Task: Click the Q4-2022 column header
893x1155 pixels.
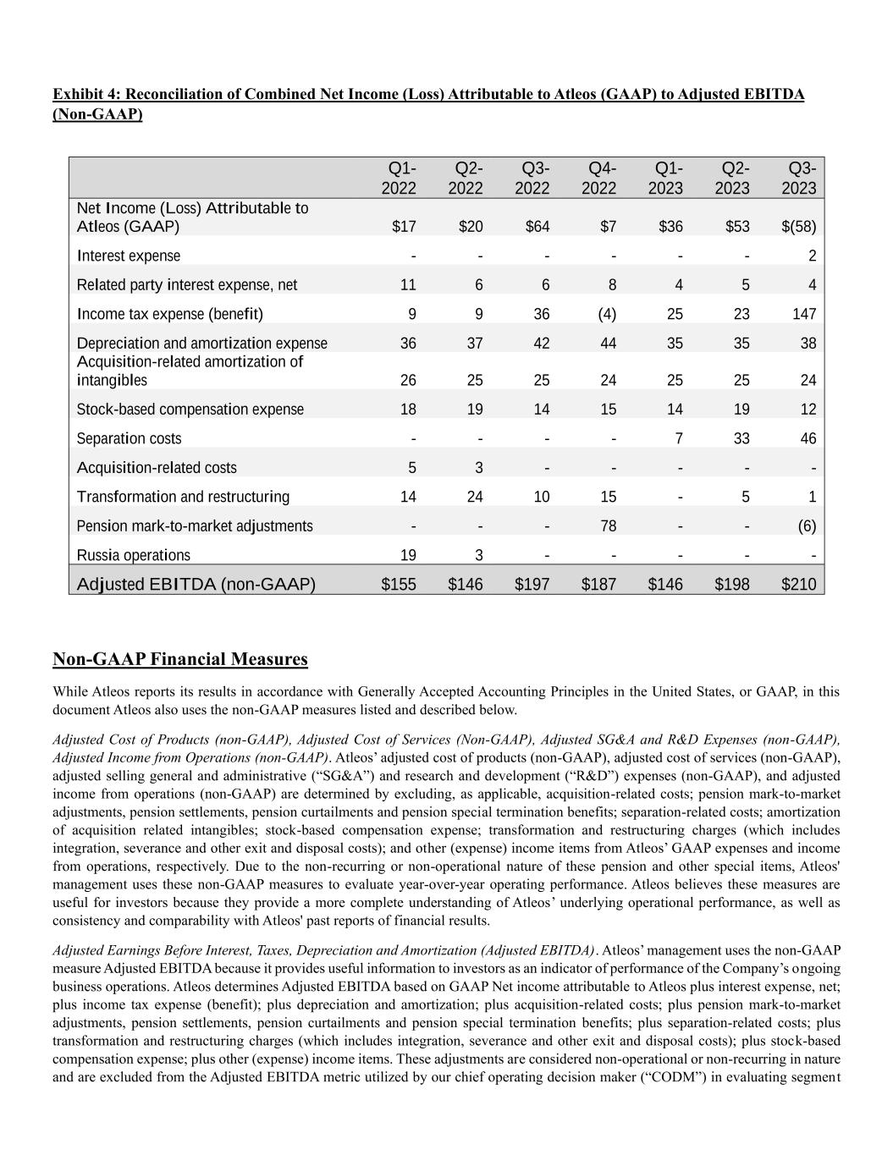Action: tap(598, 178)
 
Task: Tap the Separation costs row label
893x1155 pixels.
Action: tap(129, 438)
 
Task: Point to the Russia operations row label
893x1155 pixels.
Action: tap(134, 555)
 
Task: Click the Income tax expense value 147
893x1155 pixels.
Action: tap(804, 314)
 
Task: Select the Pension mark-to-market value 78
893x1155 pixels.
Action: tap(608, 525)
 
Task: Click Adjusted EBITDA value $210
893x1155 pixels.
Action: tap(798, 584)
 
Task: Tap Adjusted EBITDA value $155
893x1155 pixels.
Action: tap(399, 584)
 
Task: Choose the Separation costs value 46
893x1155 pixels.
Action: tap(808, 438)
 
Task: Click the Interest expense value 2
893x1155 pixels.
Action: tap(812, 256)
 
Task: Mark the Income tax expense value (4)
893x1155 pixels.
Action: tap(607, 314)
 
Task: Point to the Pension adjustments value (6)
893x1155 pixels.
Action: tap(807, 525)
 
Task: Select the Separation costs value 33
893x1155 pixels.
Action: tap(741, 438)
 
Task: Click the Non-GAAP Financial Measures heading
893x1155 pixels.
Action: tap(180, 659)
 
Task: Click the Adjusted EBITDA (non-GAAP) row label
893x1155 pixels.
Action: tap(196, 584)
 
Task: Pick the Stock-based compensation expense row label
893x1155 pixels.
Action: tap(190, 410)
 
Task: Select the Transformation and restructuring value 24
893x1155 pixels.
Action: tap(474, 497)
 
